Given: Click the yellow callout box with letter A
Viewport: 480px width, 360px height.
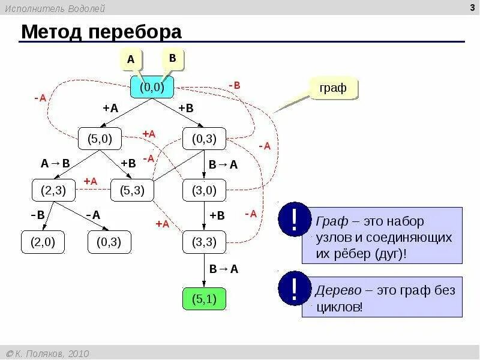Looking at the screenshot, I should (130, 60).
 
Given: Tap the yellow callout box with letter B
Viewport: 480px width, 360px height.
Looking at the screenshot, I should (172, 59).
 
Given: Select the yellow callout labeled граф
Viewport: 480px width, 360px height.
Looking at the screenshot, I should (333, 88).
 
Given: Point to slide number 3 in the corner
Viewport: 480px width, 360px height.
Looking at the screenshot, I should (472, 7).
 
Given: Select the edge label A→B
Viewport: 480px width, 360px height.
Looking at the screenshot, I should (55, 163).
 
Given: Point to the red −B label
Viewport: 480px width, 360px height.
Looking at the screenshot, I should (234, 85).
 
